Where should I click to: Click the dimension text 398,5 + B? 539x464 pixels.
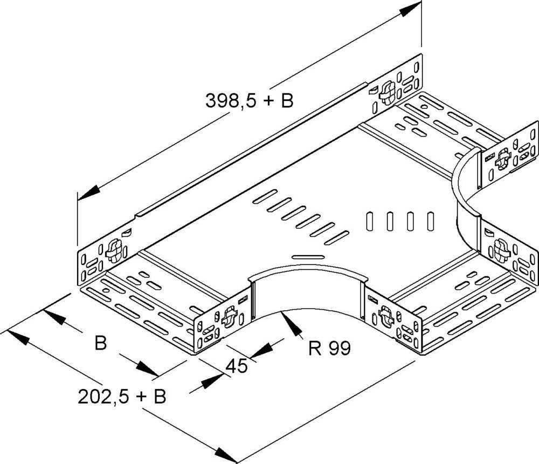(x=249, y=100)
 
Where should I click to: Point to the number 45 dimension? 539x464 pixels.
(x=236, y=366)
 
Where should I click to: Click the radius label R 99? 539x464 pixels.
(x=329, y=349)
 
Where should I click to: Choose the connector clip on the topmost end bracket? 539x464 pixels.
(x=386, y=92)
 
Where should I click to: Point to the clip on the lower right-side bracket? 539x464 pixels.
(x=500, y=249)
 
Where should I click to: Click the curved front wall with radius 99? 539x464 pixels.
(x=307, y=291)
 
